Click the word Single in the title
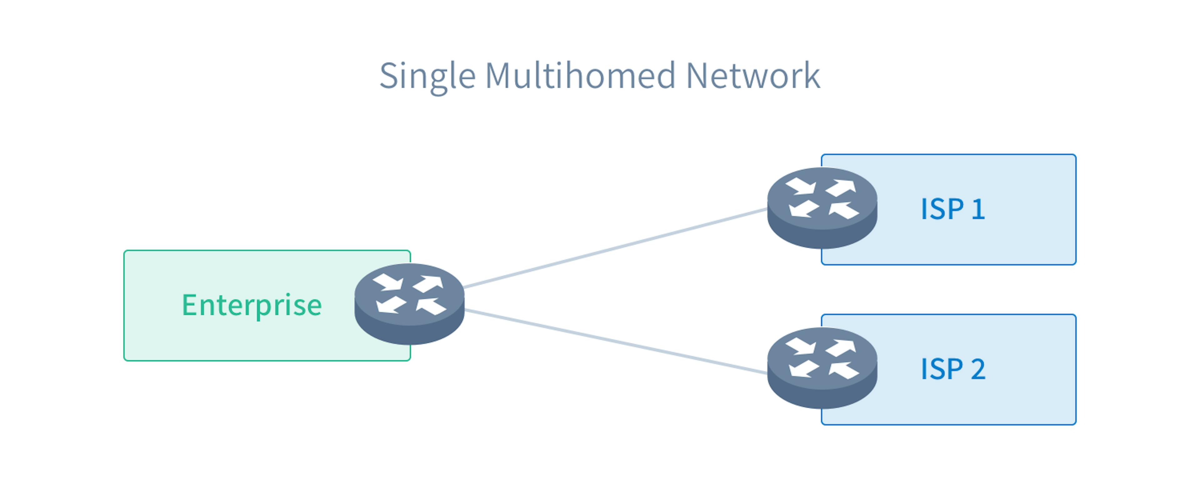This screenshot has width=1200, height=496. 427,76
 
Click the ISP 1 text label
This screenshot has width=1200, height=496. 952,209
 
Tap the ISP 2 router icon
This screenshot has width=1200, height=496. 822,368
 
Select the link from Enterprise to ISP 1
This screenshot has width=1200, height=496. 615,248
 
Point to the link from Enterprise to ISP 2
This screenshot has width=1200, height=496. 615,341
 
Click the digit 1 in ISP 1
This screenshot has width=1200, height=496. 978,209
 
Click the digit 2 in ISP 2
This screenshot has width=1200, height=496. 978,369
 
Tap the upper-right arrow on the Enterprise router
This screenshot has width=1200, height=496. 428,283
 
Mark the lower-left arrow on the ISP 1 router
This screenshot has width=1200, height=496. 803,209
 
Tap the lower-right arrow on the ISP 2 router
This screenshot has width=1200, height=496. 844,370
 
